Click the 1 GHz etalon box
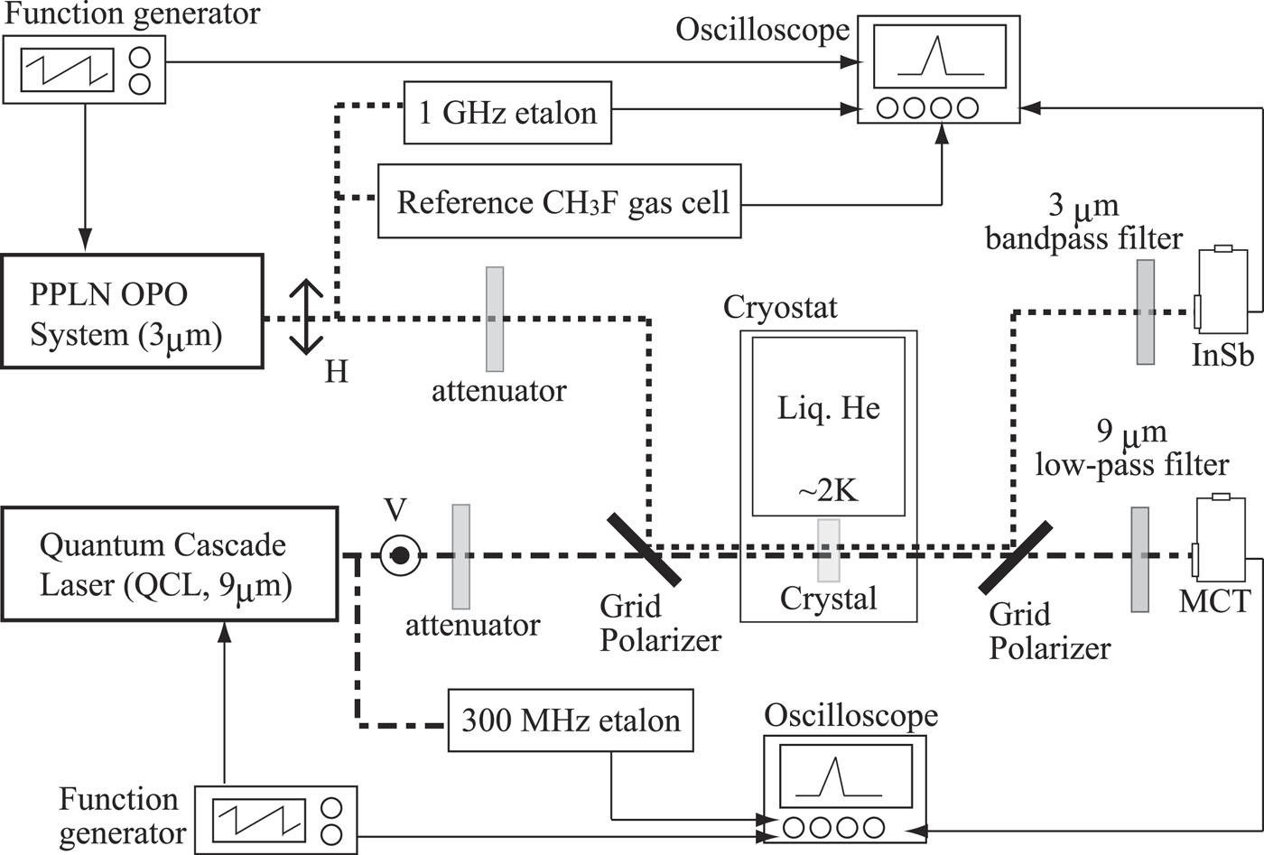coord(507,113)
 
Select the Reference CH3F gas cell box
coord(560,201)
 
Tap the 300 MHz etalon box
coord(571,720)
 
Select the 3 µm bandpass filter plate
coord(1145,312)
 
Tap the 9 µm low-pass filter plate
coord(1139,560)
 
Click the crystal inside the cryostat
coord(828,550)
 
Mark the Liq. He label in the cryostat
coord(828,408)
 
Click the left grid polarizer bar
coord(644,549)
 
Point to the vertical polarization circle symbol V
coord(398,555)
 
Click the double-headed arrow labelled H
coord(306,316)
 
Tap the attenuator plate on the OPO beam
coord(495,319)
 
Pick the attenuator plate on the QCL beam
coord(460,555)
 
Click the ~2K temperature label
coord(828,490)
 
